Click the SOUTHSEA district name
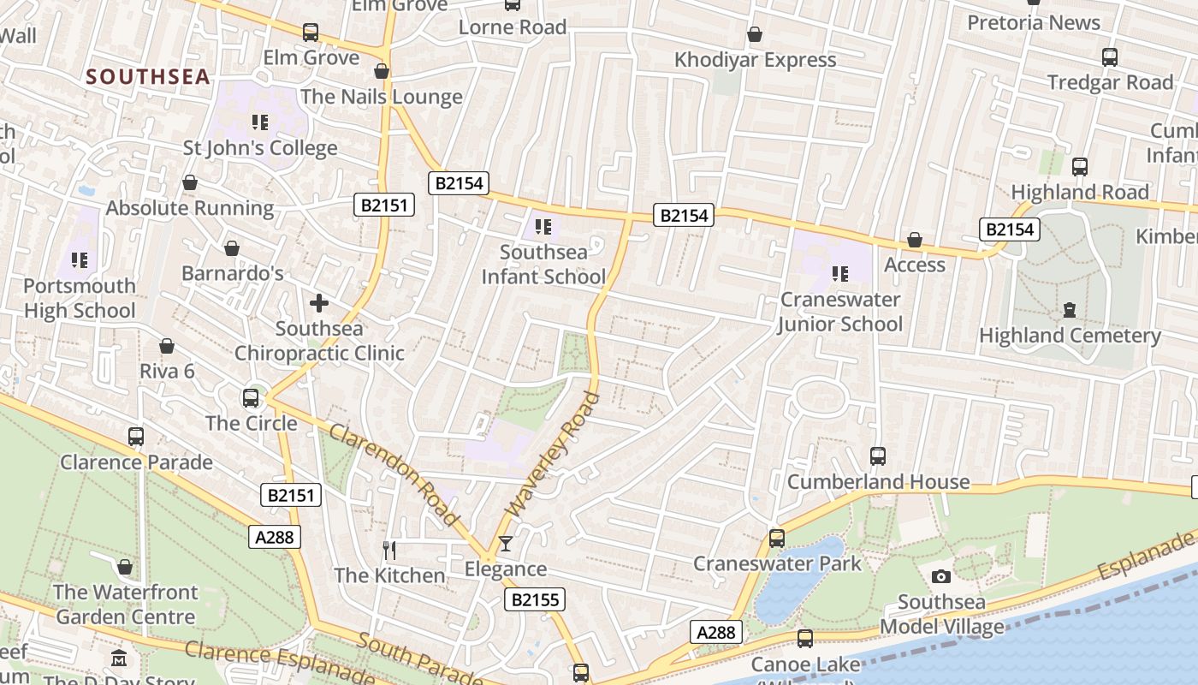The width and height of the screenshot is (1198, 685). tap(148, 76)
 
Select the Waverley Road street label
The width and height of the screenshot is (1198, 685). tap(553, 454)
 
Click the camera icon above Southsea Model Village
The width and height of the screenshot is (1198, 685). tap(941, 577)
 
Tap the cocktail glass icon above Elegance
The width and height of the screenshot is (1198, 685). tap(506, 544)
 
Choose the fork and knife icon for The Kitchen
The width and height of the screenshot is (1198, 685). tap(389, 550)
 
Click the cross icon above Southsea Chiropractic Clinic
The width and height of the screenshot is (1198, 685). tap(319, 303)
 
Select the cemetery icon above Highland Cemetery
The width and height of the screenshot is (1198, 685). tap(1069, 310)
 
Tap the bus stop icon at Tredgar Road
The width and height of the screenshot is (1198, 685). tap(1110, 57)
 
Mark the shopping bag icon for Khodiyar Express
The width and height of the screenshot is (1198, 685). tap(755, 35)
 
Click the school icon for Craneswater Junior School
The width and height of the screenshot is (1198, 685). tap(840, 274)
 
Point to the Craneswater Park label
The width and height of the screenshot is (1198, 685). tap(777, 563)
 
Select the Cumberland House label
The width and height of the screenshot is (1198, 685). tap(878, 481)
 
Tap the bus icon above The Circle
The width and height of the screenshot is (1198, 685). tap(251, 398)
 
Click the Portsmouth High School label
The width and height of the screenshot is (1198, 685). tap(80, 298)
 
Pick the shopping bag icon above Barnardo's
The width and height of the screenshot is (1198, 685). tap(232, 249)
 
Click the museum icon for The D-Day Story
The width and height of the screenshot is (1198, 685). tap(120, 659)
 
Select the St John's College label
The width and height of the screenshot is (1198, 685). tap(260, 148)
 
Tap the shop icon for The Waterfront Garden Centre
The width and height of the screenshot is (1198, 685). tap(125, 567)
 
